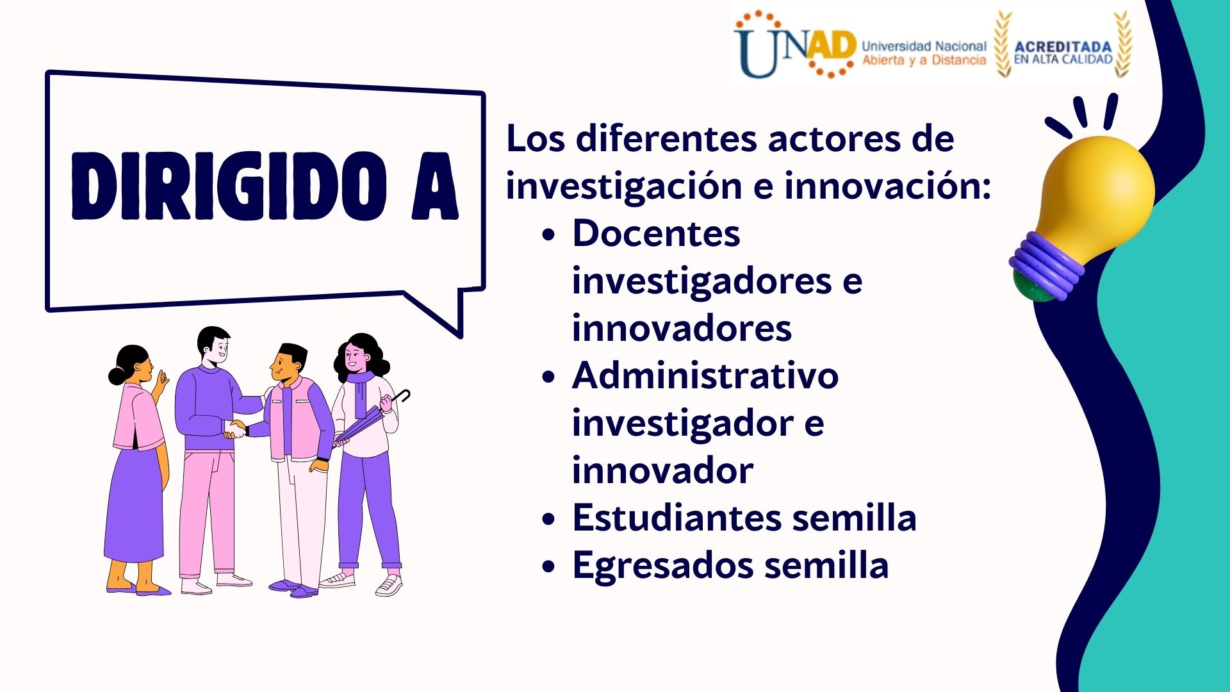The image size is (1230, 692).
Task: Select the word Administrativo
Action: [705, 375]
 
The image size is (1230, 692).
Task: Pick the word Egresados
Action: [664, 566]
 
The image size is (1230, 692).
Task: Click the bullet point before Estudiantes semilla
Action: [548, 520]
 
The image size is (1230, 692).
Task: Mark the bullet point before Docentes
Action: [548, 235]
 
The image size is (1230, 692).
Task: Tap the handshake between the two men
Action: [236, 429]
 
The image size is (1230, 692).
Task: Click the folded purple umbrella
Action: [370, 418]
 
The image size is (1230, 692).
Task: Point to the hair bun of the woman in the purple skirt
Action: [117, 376]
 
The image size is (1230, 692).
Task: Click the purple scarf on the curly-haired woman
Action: [361, 391]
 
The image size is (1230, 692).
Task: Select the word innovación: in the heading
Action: [888, 186]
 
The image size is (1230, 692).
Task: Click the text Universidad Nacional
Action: [924, 46]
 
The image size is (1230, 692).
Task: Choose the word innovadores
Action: [682, 328]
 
